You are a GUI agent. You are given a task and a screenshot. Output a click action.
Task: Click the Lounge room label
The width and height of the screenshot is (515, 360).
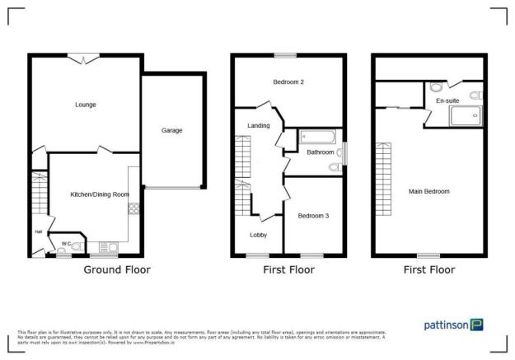pos(85,105)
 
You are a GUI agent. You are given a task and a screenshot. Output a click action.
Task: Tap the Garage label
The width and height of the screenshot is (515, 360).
pos(171,130)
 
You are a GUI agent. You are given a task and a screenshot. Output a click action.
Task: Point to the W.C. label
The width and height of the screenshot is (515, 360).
pos(66,243)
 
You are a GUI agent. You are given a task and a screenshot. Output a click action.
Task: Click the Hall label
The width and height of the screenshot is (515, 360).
pos(38,231)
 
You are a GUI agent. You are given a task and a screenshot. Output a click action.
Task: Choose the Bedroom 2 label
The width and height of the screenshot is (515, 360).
pos(288,82)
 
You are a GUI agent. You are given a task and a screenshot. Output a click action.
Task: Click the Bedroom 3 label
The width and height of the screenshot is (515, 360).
pos(313,216)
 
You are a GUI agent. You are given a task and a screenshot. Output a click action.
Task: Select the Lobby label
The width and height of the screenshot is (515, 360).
pos(258,234)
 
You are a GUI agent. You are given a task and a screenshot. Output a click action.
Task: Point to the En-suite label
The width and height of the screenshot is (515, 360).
pos(447,101)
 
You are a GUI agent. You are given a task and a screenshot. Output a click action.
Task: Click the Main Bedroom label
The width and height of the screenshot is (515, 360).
pos(429,191)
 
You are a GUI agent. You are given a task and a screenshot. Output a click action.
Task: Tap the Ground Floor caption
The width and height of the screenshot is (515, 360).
pos(118,269)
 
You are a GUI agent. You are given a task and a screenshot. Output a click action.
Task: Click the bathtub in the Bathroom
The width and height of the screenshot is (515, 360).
pos(318,137)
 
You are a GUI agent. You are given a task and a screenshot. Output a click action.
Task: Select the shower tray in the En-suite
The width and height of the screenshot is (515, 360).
pos(465,116)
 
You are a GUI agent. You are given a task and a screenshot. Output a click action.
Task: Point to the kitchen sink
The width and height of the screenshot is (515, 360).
pos(105,246)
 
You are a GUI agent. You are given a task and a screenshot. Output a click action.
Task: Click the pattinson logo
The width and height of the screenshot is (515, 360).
pos(453,325)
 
